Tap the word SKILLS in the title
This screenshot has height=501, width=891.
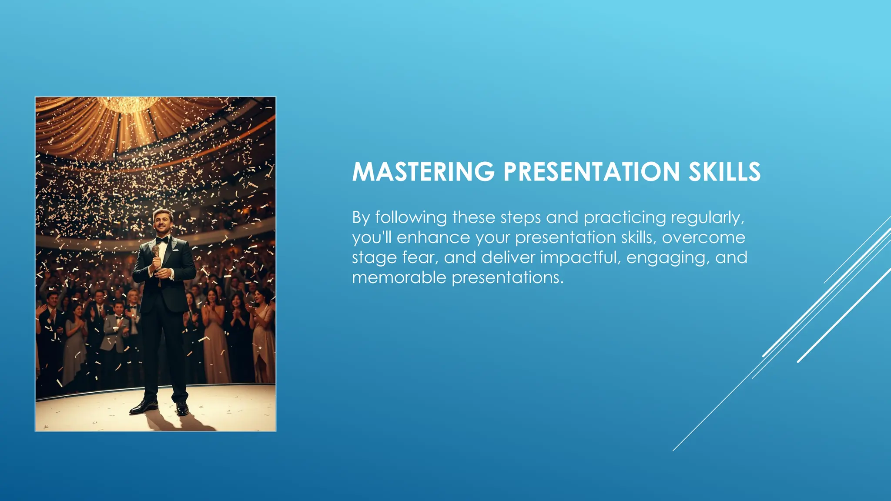(x=724, y=172)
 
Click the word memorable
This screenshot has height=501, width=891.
(x=399, y=277)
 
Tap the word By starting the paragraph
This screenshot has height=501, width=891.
(x=361, y=217)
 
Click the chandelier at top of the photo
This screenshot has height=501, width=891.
(x=129, y=104)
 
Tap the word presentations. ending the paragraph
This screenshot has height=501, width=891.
(x=507, y=277)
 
